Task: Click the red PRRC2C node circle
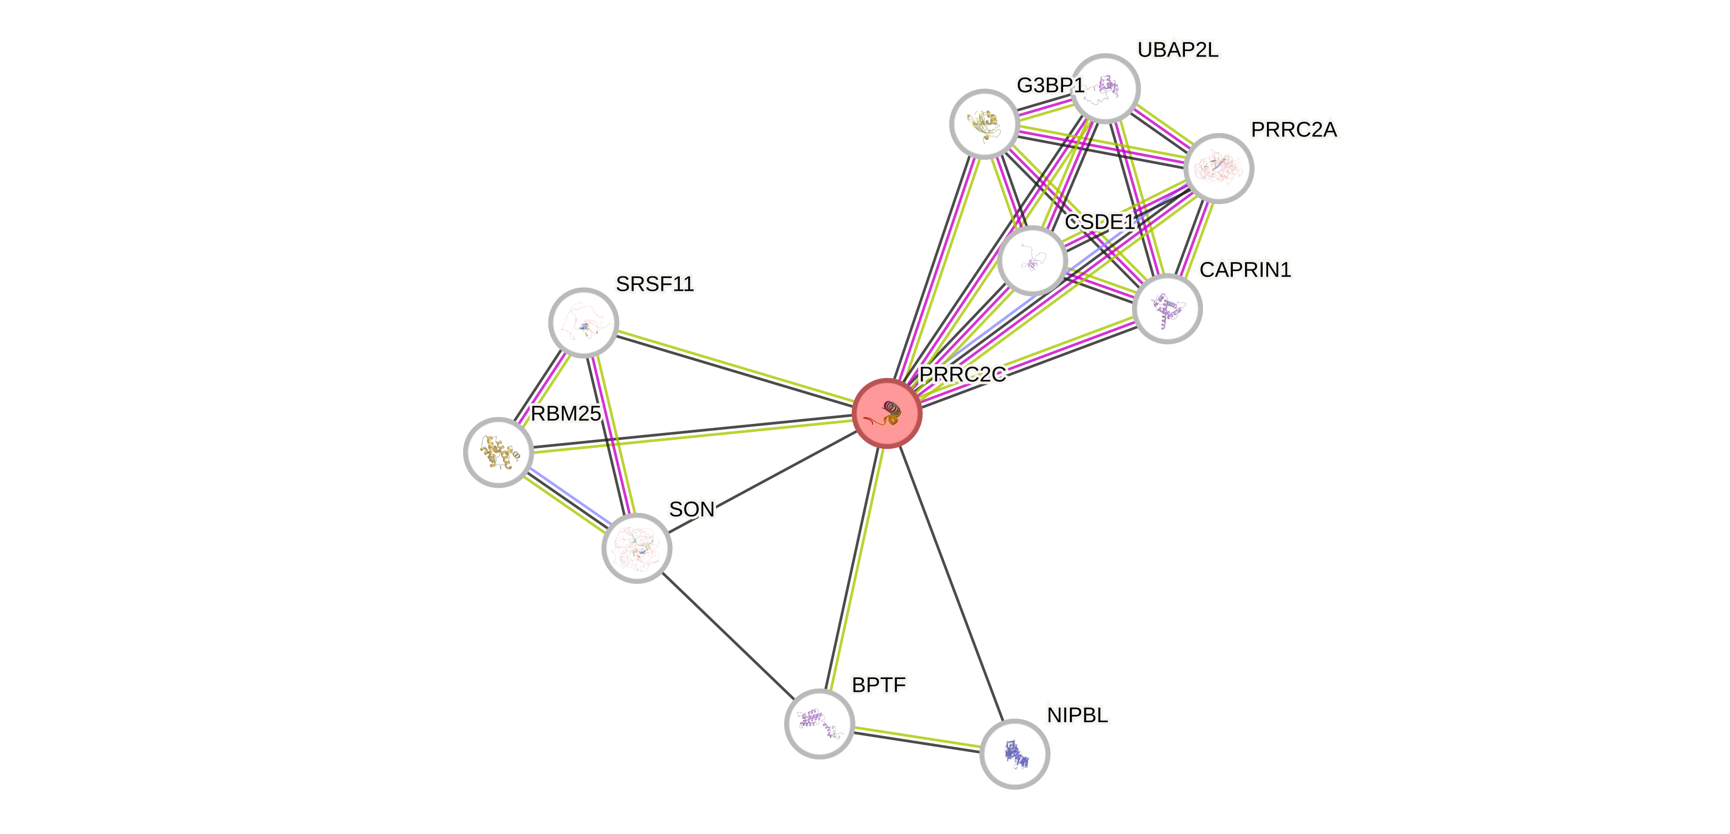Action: pyautogui.click(x=886, y=413)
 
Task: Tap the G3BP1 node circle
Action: pyautogui.click(x=984, y=124)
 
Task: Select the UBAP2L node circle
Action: pyautogui.click(x=1105, y=88)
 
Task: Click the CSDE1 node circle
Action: pyautogui.click(x=1032, y=261)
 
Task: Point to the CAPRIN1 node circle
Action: pyautogui.click(x=1166, y=308)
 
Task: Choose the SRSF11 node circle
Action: pyautogui.click(x=583, y=323)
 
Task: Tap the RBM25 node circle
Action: pyautogui.click(x=498, y=452)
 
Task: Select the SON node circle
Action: pyautogui.click(x=636, y=547)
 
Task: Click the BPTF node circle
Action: pyautogui.click(x=819, y=723)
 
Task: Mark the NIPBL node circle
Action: pyautogui.click(x=1014, y=754)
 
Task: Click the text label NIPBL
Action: pyautogui.click(x=1077, y=715)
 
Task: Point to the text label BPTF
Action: pyautogui.click(x=878, y=685)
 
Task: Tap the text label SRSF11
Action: pyautogui.click(x=655, y=284)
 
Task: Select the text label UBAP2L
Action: pyautogui.click(x=1177, y=50)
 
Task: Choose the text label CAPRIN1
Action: pyautogui.click(x=1245, y=269)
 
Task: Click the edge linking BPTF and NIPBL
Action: pyautogui.click(x=917, y=738)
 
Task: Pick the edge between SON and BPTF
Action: pyautogui.click(x=727, y=635)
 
